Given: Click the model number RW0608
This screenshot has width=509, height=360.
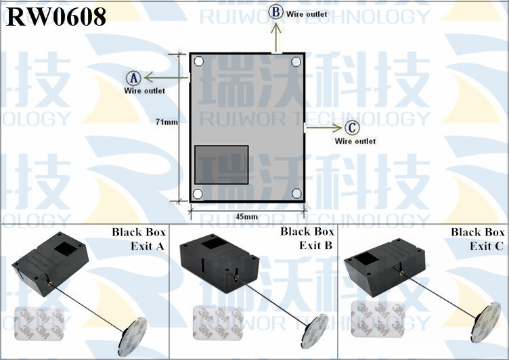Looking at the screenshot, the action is (56, 17).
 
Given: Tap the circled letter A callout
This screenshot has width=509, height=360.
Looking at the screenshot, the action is (133, 78).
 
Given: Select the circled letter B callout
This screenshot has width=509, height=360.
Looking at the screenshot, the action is (275, 12).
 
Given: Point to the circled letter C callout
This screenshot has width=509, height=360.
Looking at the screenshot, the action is (352, 127).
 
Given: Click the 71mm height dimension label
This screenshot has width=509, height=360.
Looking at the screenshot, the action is (167, 122).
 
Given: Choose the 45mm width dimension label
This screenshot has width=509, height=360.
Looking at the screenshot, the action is (247, 217).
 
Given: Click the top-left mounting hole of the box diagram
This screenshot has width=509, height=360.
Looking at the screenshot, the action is (199, 61).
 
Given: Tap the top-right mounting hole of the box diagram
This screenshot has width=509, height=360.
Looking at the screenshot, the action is (296, 62).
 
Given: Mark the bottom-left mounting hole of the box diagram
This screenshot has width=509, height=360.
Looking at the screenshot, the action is (198, 194).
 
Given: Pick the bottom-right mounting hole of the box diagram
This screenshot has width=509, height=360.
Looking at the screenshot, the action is (296, 193).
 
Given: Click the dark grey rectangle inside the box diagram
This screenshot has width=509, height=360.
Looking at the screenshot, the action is (221, 165).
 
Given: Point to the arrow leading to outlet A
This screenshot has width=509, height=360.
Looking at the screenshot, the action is (167, 78).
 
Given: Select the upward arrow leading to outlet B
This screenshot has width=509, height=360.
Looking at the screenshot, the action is (276, 37).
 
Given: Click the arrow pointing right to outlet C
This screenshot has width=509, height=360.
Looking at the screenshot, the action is (324, 128).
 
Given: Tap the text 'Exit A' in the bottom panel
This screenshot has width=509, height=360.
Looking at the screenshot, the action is (148, 246).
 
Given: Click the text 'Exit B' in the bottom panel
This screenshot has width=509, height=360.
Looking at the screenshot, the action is (316, 246).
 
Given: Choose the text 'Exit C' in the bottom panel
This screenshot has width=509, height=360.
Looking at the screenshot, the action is (487, 246).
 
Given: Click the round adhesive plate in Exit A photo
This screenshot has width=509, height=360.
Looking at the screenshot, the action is (133, 336).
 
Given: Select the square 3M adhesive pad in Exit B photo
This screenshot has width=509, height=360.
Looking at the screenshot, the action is (218, 323).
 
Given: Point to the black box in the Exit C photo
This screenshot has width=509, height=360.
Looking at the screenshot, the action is (384, 267).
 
